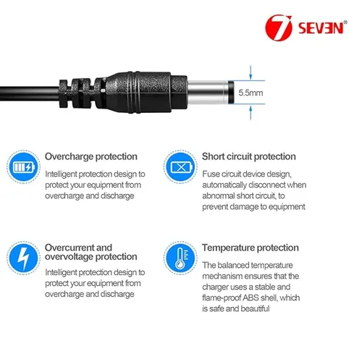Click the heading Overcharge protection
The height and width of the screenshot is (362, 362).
tap(90, 156)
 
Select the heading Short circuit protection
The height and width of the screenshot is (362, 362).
tap(248, 156)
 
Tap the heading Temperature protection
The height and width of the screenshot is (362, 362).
tap(250, 247)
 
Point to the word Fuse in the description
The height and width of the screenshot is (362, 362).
tap(211, 174)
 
